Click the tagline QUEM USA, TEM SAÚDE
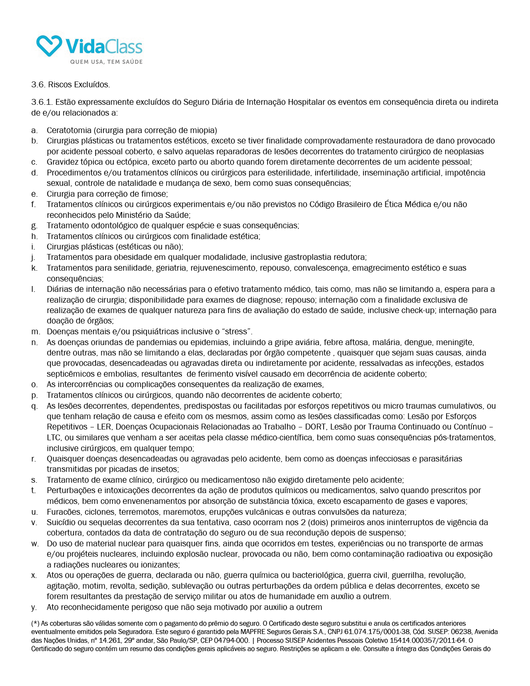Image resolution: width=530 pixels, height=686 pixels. tap(106, 62)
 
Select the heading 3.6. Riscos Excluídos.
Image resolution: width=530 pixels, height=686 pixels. tap(71, 85)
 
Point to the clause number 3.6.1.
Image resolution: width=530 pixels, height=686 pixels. tap(42, 102)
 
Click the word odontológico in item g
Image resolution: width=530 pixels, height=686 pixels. tap(111, 226)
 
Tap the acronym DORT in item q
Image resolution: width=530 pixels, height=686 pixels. tap(316, 427)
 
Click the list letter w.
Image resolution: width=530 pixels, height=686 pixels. tap(34, 544)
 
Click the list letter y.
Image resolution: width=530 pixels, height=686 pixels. tap(34, 607)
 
